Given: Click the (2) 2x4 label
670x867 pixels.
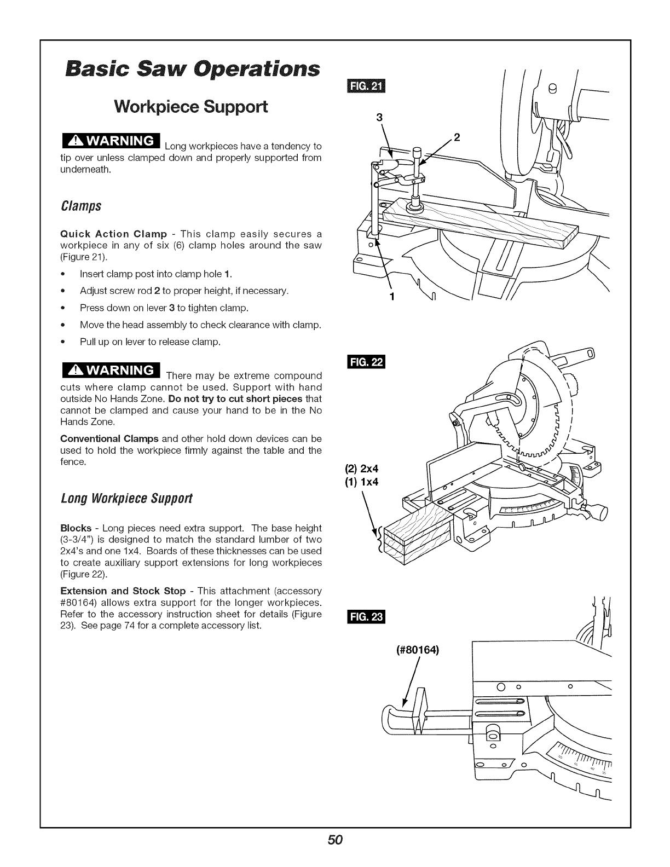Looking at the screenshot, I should [362, 469].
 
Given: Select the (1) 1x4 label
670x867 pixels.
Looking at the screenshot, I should [362, 482].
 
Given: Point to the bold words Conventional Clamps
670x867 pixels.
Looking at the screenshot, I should [109, 439].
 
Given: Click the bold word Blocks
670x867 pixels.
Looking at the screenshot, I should [76, 528].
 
